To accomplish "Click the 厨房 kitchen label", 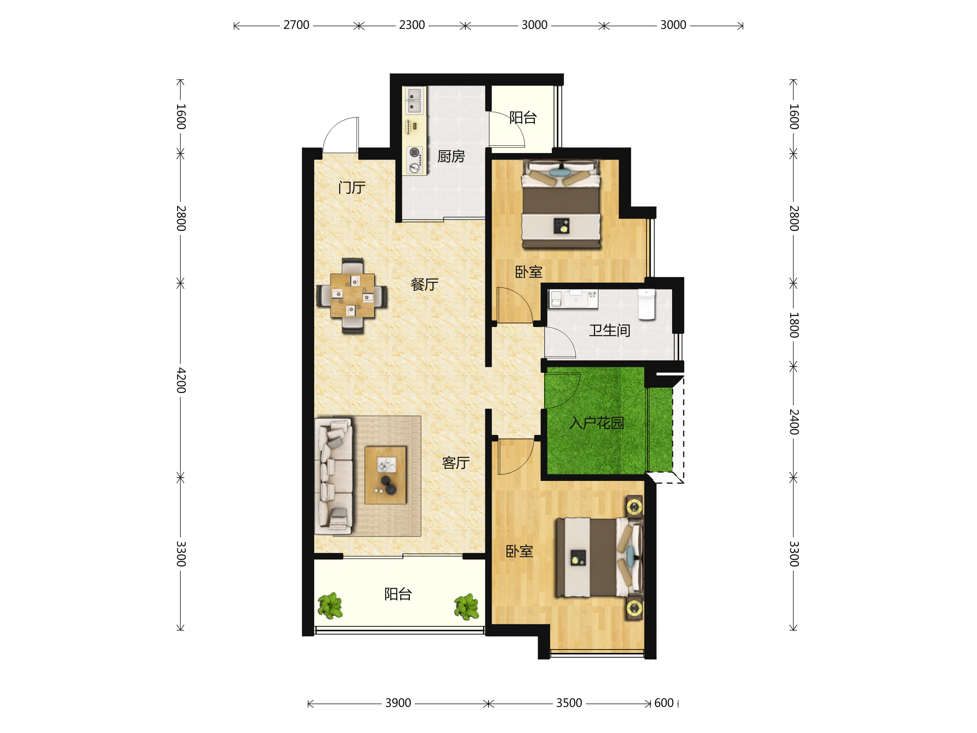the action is [x=451, y=156].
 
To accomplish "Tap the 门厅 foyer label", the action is [x=352, y=188].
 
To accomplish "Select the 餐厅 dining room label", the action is [x=425, y=284].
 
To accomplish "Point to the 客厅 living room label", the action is [x=456, y=463].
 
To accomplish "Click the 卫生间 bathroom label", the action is [x=609, y=331].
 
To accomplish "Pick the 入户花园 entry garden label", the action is [x=597, y=423].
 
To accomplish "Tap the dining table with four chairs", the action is [x=352, y=296].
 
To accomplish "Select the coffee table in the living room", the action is [x=385, y=475].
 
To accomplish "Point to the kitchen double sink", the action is [x=414, y=101].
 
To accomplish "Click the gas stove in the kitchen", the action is [x=415, y=160].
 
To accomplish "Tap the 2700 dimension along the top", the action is [x=296, y=25].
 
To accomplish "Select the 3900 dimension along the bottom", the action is [x=398, y=703].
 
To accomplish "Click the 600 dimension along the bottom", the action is [x=664, y=703].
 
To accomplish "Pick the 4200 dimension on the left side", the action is [x=181, y=380].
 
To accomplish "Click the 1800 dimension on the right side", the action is [x=794, y=325].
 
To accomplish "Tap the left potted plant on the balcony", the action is [x=330, y=606].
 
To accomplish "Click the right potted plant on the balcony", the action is [x=467, y=607].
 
